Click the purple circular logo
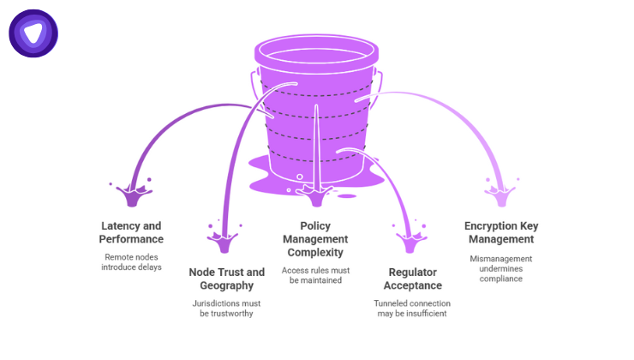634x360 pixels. point(33,33)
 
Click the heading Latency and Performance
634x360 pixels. point(131,232)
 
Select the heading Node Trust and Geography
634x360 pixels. point(221,279)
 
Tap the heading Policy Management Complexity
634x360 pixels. point(315,239)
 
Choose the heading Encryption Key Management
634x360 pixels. point(501,232)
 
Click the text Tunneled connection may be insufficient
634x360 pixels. point(412,309)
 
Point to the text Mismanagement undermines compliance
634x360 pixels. point(501,267)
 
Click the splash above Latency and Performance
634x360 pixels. point(133,194)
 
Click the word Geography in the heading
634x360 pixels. point(221,285)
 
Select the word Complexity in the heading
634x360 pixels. point(315,252)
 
